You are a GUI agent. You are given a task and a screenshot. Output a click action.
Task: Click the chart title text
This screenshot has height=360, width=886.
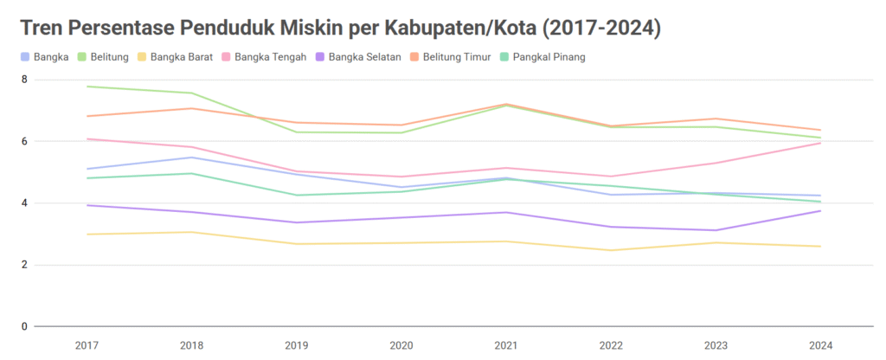[340, 28]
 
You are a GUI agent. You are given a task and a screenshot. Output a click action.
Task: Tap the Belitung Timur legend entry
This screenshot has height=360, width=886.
[453, 57]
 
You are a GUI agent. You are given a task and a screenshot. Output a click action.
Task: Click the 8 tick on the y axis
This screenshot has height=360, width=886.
[24, 80]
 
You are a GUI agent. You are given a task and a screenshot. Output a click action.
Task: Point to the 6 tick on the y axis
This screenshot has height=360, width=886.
[24, 141]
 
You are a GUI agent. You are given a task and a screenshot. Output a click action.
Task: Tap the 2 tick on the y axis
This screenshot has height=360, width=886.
[24, 265]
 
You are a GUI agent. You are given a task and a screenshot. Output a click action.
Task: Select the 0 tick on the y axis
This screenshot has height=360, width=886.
[24, 326]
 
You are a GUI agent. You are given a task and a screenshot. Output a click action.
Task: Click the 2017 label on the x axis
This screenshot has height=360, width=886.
[87, 345]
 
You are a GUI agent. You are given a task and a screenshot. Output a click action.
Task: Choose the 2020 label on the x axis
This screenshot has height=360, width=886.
[401, 345]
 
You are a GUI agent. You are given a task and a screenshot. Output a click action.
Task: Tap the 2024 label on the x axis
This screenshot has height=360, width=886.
[819, 345]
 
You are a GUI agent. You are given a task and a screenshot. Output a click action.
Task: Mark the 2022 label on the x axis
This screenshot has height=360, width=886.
[610, 345]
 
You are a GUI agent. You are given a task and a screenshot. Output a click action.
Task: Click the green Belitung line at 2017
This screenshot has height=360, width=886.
[87, 87]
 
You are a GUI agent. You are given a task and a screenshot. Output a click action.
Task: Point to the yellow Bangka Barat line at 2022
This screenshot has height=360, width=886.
[610, 250]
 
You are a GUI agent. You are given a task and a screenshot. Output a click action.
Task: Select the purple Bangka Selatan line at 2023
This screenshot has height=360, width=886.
[715, 230]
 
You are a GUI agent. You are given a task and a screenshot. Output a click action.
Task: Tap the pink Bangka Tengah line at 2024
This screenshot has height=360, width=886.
[819, 143]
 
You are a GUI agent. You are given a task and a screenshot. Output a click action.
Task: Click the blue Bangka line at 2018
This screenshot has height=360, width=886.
[191, 157]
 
